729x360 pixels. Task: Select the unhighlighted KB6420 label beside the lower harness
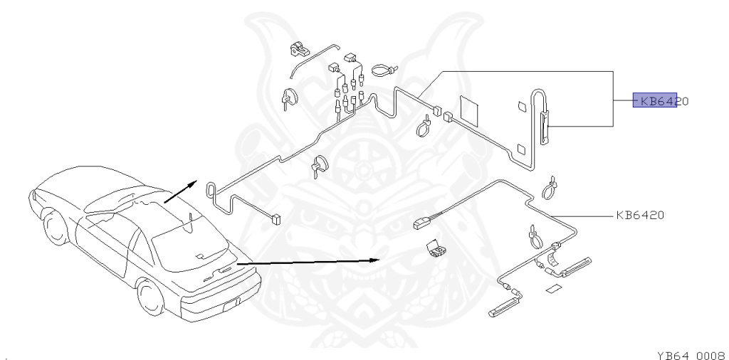tap(641, 214)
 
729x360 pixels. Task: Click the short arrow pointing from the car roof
tap(179, 191)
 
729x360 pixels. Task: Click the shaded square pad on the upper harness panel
tap(471, 108)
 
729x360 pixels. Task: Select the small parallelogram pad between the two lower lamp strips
tap(555, 290)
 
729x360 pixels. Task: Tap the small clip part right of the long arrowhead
tap(434, 248)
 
